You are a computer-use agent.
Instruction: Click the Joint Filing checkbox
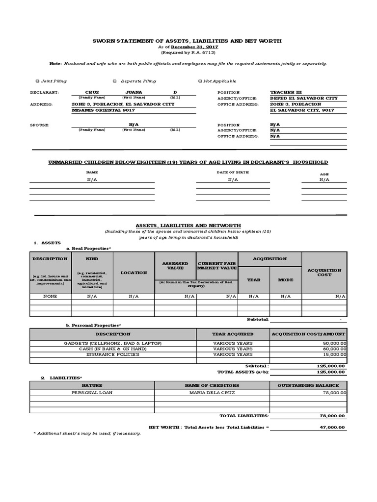click(x=38, y=81)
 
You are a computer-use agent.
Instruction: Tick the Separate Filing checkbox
click(x=114, y=81)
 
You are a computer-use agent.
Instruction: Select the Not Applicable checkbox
click(x=200, y=81)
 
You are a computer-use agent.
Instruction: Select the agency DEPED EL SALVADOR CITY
click(x=303, y=98)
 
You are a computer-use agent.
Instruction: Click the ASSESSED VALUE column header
click(x=175, y=266)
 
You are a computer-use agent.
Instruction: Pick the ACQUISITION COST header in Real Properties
click(x=324, y=272)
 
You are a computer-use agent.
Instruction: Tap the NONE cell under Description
click(x=51, y=296)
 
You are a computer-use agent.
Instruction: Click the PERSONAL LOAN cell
click(x=92, y=393)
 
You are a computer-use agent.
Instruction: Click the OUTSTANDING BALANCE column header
click(x=308, y=385)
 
